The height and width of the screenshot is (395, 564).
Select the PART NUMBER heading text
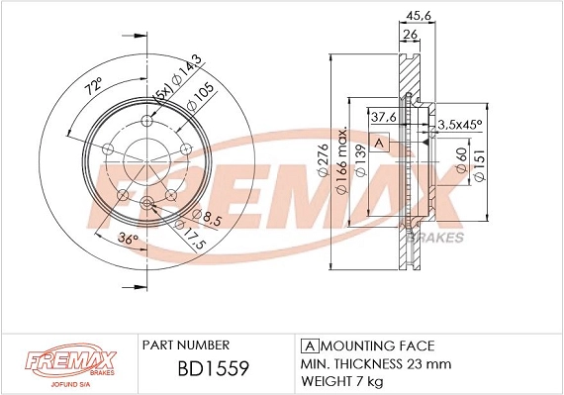(186, 346)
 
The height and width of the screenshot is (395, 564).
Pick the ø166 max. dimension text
(343, 162)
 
